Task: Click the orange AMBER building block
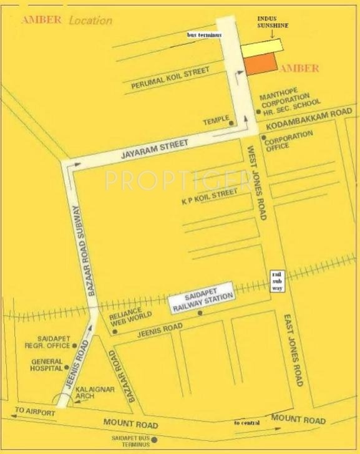click(x=260, y=64)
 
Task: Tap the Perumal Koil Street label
click(x=170, y=79)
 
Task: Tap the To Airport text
click(x=31, y=412)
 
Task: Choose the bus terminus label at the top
click(x=205, y=36)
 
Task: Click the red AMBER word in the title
click(x=41, y=19)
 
